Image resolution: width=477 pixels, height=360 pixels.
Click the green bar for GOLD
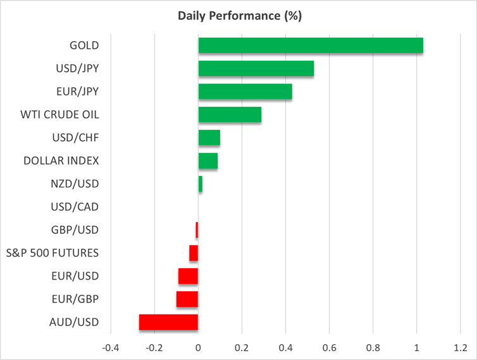point(310,46)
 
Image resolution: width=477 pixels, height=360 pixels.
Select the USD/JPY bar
point(256,68)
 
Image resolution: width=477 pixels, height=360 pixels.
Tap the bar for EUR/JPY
point(245,92)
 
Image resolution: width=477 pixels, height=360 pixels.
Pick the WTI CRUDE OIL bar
point(230,115)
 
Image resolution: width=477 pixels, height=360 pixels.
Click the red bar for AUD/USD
point(168,322)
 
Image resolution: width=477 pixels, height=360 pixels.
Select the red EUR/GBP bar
point(187,299)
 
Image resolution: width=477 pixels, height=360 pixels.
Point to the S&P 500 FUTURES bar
point(194,253)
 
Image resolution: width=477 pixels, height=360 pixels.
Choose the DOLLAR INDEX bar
point(208,161)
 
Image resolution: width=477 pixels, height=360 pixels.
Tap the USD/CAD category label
point(74,207)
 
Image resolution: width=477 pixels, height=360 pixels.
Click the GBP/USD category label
point(74,230)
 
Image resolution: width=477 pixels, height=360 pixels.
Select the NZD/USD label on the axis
point(74,183)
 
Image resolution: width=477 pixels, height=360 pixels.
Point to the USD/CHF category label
point(74,137)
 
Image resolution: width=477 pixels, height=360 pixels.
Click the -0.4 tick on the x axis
point(110,347)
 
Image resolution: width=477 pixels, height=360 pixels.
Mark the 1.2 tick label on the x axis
point(460,347)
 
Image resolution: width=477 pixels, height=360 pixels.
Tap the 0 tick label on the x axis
point(198,347)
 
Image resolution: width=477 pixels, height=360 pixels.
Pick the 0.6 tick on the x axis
point(329,347)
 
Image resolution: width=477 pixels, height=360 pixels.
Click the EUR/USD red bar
point(188,276)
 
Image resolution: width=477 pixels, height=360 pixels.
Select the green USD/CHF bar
point(209,138)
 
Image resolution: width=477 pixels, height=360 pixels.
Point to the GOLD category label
point(85,46)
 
